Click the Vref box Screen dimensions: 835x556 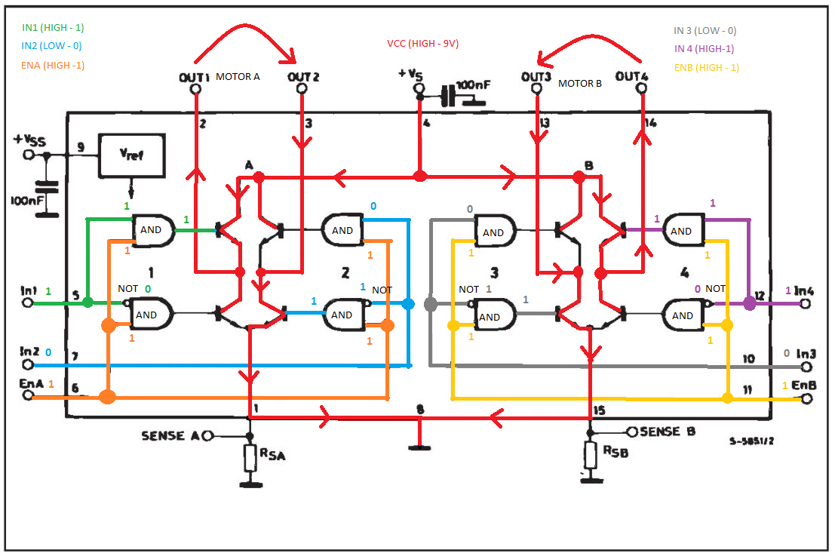click(131, 155)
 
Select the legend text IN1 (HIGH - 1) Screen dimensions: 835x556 click(53, 28)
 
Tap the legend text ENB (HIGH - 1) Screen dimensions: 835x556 click(707, 68)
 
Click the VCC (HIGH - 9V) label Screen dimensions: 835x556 click(423, 43)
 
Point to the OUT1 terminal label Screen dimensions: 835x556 click(195, 78)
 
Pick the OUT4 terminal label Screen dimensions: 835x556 click(631, 76)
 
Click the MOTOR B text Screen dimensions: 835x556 click(580, 84)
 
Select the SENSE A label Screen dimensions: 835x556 click(170, 436)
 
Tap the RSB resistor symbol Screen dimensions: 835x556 click(590, 456)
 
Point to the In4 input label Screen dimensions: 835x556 click(803, 290)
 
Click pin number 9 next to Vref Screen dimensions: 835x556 click(81, 146)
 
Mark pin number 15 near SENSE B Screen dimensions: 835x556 click(599, 410)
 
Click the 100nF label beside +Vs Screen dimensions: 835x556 click(473, 85)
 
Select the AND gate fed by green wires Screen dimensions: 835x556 click(153, 231)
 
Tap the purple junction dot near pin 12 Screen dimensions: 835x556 click(750, 303)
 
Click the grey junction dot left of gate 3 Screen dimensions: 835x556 click(431, 304)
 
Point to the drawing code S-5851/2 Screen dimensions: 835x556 click(751, 441)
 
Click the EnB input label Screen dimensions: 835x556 click(803, 385)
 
